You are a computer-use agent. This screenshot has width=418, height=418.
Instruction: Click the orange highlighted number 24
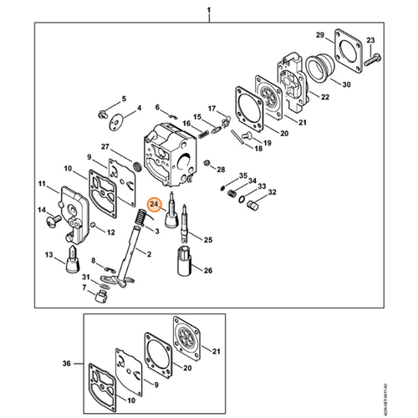click(154, 203)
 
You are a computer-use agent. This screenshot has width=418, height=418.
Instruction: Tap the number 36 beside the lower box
click(68, 364)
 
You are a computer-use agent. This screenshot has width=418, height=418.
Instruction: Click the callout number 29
click(319, 34)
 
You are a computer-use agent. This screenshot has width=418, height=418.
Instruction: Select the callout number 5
click(124, 98)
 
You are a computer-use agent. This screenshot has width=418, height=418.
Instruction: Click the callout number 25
click(208, 240)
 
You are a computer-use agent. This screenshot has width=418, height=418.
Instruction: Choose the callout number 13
click(48, 254)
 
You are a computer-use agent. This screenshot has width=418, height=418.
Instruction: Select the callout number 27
click(104, 146)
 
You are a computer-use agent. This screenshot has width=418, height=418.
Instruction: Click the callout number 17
click(212, 108)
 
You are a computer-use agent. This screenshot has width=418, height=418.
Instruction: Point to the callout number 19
click(268, 143)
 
